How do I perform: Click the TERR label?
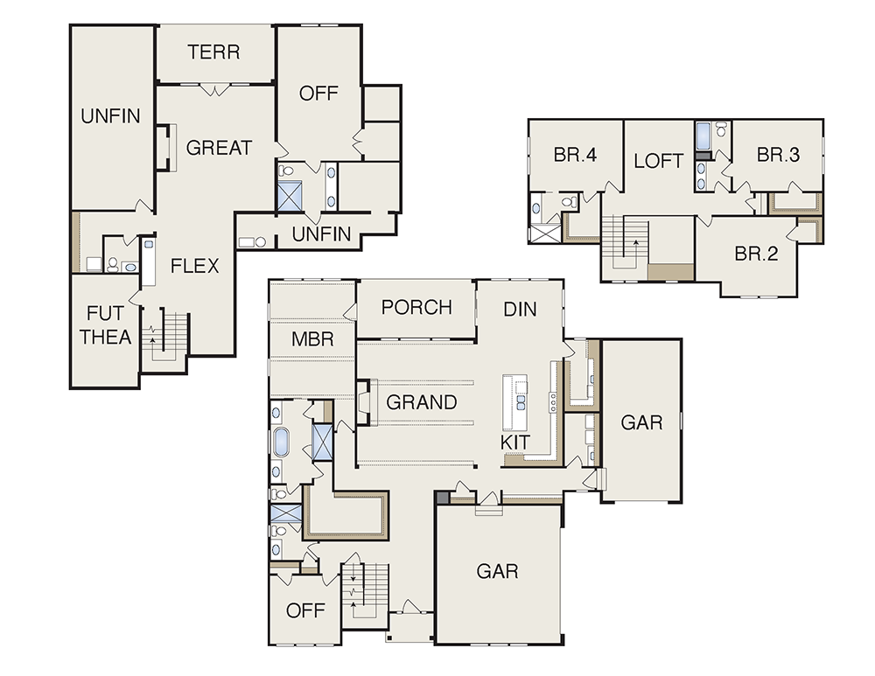213,52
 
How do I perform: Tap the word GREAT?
219,148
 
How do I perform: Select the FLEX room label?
195,266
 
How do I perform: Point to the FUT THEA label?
106,325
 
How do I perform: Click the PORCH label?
416,307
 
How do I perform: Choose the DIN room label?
520,310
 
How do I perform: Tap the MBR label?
312,339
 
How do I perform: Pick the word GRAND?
422,402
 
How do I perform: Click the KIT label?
515,443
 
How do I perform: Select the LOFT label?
659,161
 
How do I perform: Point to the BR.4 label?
576,155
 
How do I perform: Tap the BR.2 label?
756,254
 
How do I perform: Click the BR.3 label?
779,155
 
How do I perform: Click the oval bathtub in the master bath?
281,442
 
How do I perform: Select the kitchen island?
515,402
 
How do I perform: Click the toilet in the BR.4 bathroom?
570,202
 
